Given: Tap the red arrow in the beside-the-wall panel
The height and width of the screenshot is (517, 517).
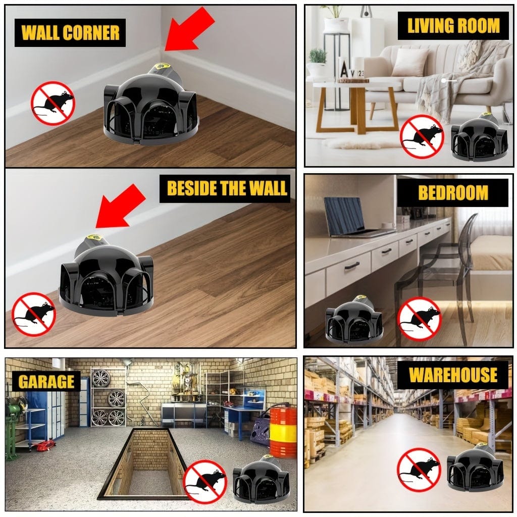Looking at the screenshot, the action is coord(121,206).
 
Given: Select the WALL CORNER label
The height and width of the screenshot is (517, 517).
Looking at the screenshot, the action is coord(70,33).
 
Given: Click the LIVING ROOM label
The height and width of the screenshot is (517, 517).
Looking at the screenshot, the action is coord(453,26).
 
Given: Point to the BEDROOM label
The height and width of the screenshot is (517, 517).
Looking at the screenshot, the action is coord(453,193).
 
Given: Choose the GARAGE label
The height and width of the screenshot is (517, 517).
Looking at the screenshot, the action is coord(46,382).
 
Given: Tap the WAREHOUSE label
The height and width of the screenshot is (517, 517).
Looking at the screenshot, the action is coord(453,375).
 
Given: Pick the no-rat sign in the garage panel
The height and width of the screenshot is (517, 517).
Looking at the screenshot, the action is coord(205,482).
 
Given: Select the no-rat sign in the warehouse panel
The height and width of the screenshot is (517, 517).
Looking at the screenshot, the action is coord(419,470).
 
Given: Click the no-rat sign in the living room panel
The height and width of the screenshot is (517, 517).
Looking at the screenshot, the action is coord(422,137).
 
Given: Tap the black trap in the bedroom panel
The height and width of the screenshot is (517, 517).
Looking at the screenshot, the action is coord(354,320).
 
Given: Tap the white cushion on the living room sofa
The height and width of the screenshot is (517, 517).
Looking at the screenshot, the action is coord(410,62).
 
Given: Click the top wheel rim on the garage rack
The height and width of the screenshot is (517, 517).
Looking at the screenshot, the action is coord(101,379).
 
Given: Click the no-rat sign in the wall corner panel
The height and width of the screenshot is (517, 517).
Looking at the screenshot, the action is coord(53,103).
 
